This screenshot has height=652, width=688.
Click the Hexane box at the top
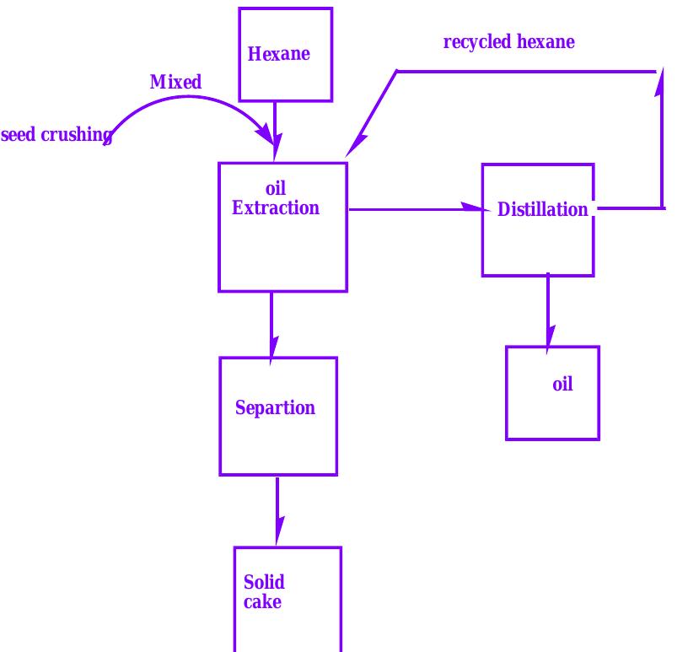[x=285, y=55]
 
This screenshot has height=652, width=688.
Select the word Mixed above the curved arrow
[x=175, y=82]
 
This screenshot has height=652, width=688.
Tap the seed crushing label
[x=56, y=135]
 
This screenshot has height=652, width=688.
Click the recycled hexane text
[x=508, y=42]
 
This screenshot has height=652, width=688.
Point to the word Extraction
[x=276, y=208]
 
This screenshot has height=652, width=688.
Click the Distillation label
[x=542, y=210]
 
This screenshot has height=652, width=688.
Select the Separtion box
[x=278, y=416]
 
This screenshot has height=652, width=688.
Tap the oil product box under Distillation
[x=552, y=392]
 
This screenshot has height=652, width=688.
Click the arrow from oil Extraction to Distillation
[x=413, y=208]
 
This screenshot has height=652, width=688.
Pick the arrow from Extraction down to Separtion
[x=271, y=325]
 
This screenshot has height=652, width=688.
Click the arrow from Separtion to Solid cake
[x=277, y=510]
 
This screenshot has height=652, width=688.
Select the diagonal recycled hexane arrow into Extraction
[x=371, y=114]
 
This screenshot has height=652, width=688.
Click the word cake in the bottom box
[x=262, y=602]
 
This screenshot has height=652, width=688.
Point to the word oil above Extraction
[x=276, y=189]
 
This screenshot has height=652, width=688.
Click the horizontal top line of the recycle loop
[x=523, y=72]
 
